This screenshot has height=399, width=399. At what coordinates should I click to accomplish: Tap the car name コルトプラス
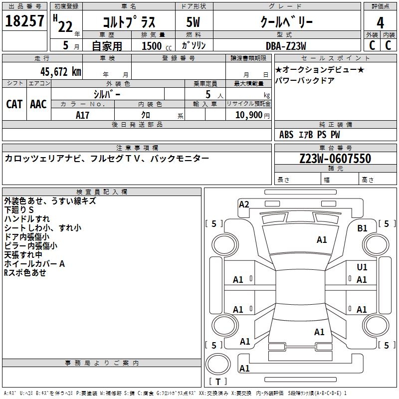(x=129, y=22)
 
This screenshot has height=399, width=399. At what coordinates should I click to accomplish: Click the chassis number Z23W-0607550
(x=335, y=159)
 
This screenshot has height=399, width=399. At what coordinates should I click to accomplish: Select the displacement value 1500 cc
(x=154, y=46)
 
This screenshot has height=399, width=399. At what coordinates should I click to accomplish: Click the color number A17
(x=83, y=115)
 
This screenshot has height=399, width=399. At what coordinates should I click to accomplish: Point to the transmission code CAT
(x=14, y=104)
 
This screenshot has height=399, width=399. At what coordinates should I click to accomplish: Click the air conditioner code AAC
(x=38, y=104)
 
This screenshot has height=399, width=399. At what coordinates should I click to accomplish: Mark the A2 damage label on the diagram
(x=244, y=204)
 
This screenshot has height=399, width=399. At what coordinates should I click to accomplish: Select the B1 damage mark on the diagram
(x=362, y=228)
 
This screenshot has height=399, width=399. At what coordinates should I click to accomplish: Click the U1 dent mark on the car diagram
(x=362, y=267)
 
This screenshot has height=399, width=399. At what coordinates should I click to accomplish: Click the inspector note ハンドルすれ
(x=27, y=219)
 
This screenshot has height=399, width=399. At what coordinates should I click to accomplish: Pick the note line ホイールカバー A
(x=34, y=264)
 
